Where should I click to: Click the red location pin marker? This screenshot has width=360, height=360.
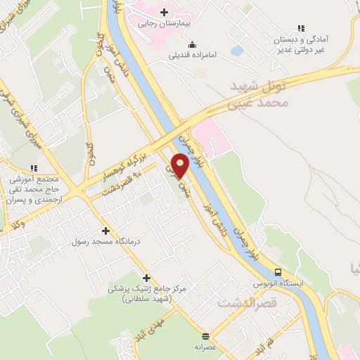[x=181, y=165]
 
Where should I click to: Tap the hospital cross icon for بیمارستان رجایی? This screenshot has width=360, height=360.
[x=164, y=12]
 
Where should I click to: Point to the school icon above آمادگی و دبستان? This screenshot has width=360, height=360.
[x=301, y=29]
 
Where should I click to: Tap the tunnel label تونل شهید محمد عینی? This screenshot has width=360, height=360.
[x=260, y=95]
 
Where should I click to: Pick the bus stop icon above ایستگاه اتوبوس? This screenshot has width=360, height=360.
[x=278, y=272]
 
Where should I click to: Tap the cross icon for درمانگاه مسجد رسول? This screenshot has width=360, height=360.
[x=105, y=231]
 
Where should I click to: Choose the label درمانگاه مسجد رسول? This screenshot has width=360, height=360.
[x=98, y=241]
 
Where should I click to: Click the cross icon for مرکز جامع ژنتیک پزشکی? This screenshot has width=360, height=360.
[x=147, y=278]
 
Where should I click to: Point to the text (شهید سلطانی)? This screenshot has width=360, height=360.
[x=146, y=299]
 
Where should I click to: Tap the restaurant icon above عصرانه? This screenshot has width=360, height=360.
[x=205, y=336]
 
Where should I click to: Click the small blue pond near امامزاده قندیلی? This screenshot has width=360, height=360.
[x=237, y=51]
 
